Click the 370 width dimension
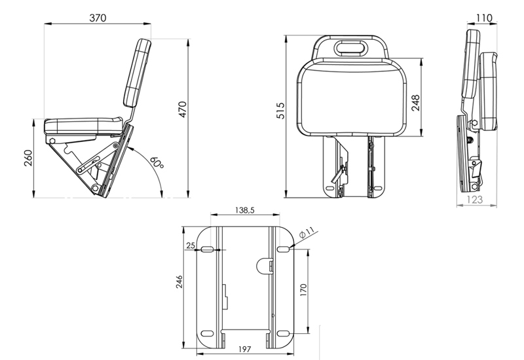(x=98, y=18)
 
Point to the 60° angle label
(x=156, y=162)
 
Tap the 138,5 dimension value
(x=244, y=210)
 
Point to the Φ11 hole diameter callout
(x=307, y=232)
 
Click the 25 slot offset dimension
(x=191, y=245)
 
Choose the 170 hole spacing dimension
(x=303, y=291)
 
